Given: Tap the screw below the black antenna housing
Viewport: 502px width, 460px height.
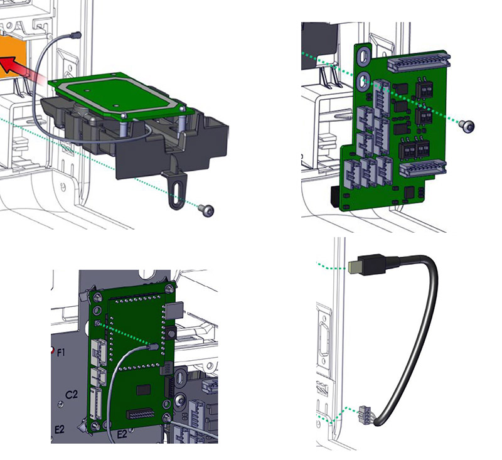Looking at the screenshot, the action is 206,210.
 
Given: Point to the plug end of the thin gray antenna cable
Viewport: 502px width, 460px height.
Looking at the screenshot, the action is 76,35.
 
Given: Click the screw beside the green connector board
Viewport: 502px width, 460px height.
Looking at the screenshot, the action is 467,126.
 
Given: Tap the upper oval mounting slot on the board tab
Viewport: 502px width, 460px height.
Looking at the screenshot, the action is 363,56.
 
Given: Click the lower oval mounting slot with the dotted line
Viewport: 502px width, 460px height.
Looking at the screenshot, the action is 363,81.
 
